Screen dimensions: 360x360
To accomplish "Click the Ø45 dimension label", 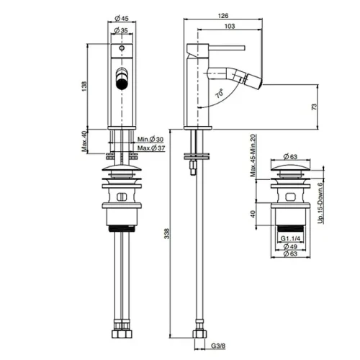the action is pyautogui.click(x=122, y=18).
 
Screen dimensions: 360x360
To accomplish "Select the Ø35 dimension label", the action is pyautogui.click(x=121, y=30).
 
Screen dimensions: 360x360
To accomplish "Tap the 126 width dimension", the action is pyautogui.click(x=223, y=16).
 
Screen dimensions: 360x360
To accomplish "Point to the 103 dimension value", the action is pyautogui.click(x=230, y=26).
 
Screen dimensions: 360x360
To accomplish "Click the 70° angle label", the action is pyautogui.click(x=219, y=93).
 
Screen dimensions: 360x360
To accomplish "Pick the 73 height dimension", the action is pyautogui.click(x=314, y=107).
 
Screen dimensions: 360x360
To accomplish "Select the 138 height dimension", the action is pyautogui.click(x=84, y=86).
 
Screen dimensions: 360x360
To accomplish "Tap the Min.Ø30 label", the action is pyautogui.click(x=150, y=139).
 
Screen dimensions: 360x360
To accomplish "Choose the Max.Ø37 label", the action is pyautogui.click(x=151, y=148).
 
